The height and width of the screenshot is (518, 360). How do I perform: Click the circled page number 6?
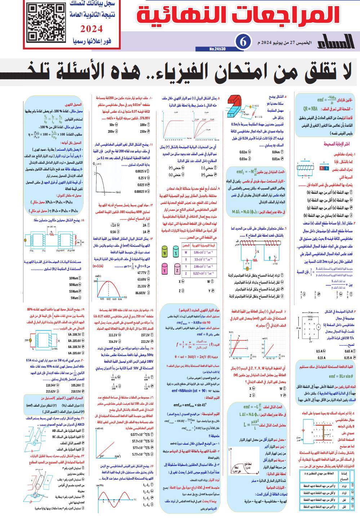(x=243, y=42)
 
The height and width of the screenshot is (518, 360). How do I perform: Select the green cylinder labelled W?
(x=165, y=252)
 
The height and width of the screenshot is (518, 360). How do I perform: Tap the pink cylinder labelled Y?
(x=165, y=269)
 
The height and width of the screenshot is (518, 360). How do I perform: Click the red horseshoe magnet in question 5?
(x=233, y=107)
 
